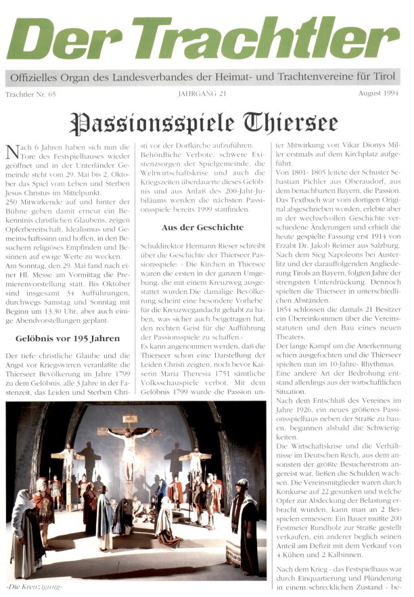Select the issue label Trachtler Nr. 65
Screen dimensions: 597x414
31,94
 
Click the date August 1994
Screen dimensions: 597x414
379,94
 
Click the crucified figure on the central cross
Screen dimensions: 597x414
128,447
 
